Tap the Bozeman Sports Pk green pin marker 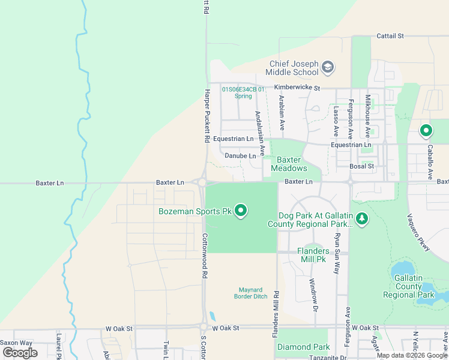pyautogui.click(x=241, y=211)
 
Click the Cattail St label pyautogui.click(x=390, y=36)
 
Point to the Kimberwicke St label pyautogui.click(x=298, y=88)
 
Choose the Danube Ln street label pyautogui.click(x=240, y=156)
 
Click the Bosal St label pyautogui.click(x=363, y=166)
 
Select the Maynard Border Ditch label pyautogui.click(x=252, y=293)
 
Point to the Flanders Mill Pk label pyautogui.click(x=313, y=255)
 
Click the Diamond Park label pyautogui.click(x=304, y=347)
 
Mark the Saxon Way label pyautogui.click(x=16, y=343)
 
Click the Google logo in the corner pyautogui.click(x=20, y=353)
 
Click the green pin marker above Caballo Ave pyautogui.click(x=427, y=130)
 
